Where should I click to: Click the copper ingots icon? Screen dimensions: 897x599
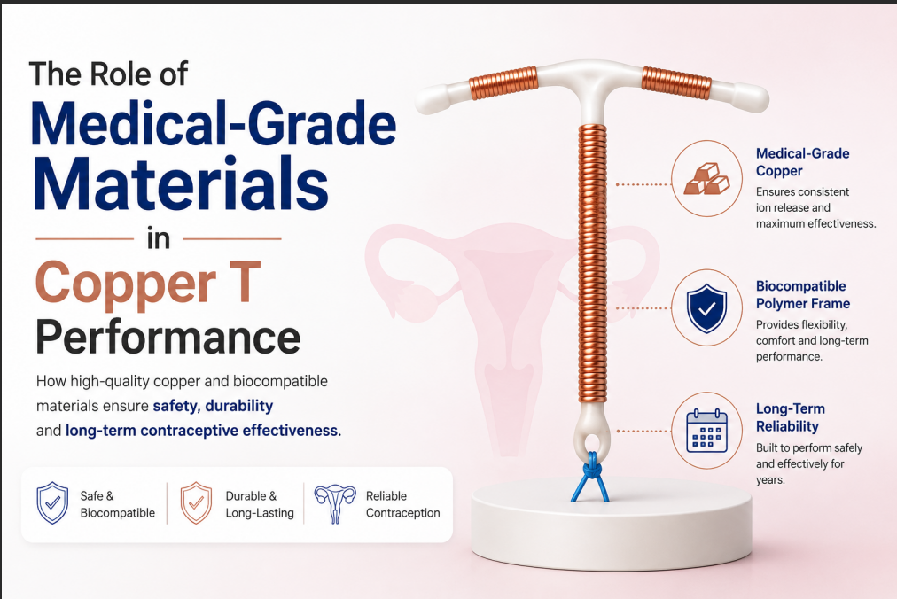click(707, 179)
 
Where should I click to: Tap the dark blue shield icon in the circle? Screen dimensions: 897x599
click(707, 308)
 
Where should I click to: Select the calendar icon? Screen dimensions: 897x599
click(707, 431)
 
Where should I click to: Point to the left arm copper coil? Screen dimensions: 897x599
click(503, 83)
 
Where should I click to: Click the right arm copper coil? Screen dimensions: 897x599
click(676, 82)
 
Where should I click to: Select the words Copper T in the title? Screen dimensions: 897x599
click(148, 283)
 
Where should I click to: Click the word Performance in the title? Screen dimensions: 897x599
click(168, 338)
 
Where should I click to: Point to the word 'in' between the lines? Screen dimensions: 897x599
click(159, 238)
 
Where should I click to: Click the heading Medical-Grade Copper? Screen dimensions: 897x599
click(803, 162)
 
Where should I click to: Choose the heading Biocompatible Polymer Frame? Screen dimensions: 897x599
click(803, 295)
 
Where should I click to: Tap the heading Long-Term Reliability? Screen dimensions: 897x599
click(790, 417)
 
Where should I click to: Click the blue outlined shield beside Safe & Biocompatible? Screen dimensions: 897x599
click(52, 503)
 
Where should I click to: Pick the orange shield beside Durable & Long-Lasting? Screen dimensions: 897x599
click(196, 503)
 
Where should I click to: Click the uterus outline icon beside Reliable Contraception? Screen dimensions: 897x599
click(335, 503)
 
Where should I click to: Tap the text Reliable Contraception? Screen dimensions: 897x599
click(402, 504)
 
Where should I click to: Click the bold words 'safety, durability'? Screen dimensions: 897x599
click(213, 406)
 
